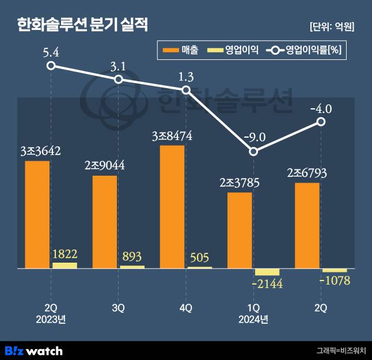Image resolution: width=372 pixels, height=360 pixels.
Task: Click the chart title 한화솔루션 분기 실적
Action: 82,25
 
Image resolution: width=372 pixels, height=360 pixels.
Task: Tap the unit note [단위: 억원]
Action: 331,26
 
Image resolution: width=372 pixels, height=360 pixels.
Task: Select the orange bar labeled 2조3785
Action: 240,230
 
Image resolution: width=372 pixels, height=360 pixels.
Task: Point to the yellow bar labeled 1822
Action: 64,266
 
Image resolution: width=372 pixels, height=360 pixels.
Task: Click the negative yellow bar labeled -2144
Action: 267,272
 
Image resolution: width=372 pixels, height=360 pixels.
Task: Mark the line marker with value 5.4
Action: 51,66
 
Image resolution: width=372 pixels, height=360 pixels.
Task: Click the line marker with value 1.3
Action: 186,90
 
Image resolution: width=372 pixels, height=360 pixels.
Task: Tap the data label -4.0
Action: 320,108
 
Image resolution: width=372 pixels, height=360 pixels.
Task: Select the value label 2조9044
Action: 104,166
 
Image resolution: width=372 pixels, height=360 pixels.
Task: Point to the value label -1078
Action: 334,282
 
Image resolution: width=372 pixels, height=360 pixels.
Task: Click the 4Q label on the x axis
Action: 185,308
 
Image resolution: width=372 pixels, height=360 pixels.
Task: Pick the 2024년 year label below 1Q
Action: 253,319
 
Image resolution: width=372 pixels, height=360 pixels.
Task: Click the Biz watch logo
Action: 33,350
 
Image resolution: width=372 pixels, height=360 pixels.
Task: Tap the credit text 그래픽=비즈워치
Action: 340,350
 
